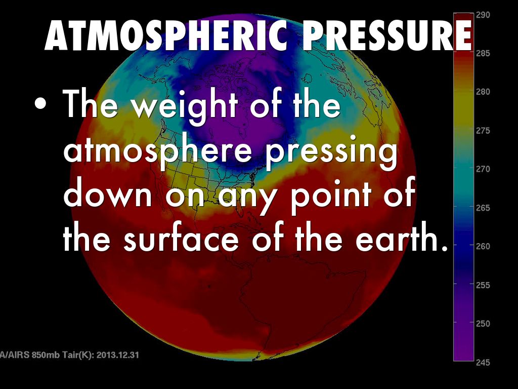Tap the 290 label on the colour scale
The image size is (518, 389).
[483, 15]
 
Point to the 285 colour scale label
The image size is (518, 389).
[483, 54]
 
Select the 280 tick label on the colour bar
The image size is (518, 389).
[483, 92]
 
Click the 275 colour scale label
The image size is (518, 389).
[483, 131]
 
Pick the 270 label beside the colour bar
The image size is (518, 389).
[483, 169]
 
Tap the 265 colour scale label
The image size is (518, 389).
[483, 208]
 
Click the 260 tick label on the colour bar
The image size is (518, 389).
[483, 246]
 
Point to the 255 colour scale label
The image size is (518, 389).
[483, 285]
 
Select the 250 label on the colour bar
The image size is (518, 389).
[483, 323]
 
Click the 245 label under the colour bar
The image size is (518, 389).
[483, 362]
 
